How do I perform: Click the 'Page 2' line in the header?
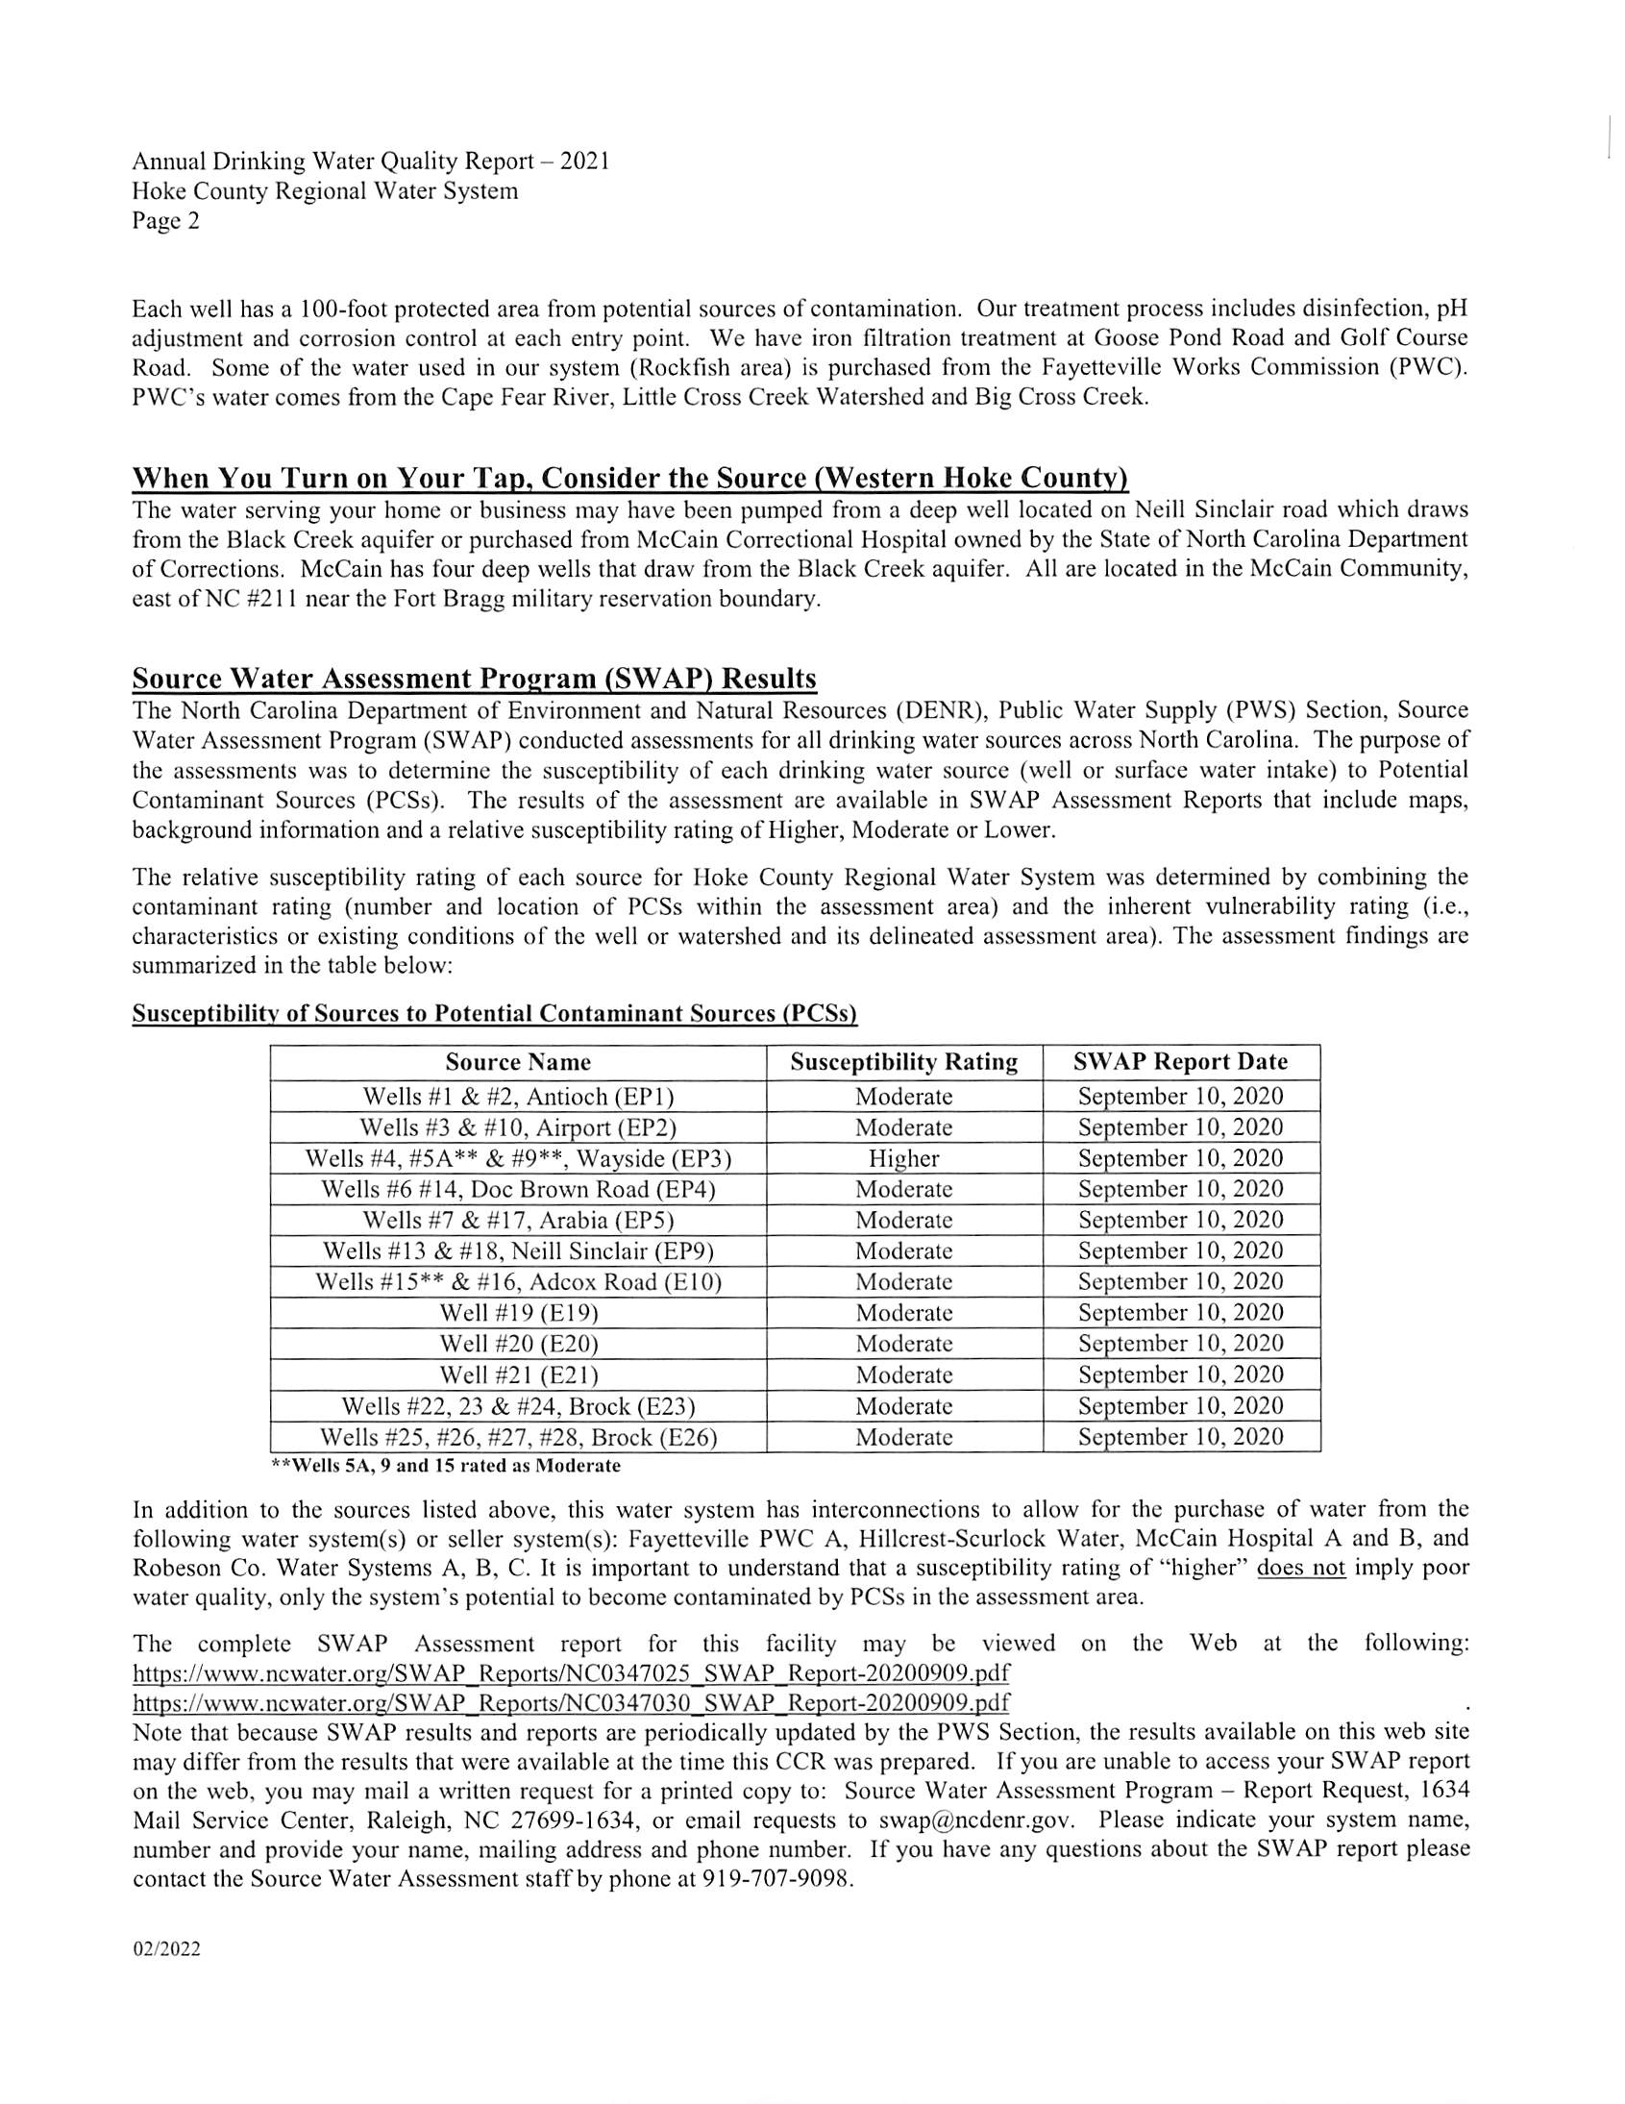(165, 222)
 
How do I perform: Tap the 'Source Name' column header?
(517, 1062)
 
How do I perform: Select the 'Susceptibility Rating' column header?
(903, 1062)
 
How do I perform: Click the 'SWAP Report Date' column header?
(1180, 1062)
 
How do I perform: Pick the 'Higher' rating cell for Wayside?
(903, 1158)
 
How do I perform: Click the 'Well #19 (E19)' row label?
(518, 1312)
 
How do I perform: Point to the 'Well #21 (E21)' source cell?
(518, 1374)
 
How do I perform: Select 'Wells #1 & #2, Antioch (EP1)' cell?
(518, 1097)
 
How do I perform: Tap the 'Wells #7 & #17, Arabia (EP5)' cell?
(518, 1220)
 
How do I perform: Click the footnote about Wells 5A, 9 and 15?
(446, 1466)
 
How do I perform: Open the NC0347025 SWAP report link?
(570, 1671)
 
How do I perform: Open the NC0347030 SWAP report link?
(570, 1702)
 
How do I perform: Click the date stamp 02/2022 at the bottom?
(166, 1950)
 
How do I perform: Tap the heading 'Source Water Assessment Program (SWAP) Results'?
(474, 680)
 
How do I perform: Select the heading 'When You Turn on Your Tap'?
(630, 478)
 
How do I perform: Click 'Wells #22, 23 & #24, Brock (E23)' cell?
(518, 1405)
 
